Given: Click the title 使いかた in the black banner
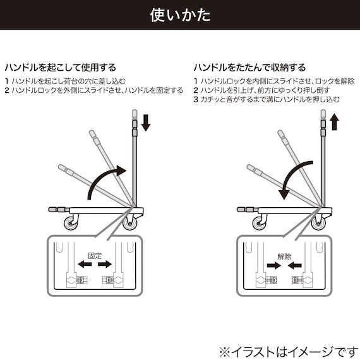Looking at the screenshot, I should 180,15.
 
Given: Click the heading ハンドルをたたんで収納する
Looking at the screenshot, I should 249,67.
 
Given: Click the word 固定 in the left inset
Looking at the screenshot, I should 95,257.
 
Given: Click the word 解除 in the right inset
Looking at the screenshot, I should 284,257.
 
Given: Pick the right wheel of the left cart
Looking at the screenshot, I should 131,223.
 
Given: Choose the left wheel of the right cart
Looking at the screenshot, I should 259,223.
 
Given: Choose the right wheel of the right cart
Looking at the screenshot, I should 318,223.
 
